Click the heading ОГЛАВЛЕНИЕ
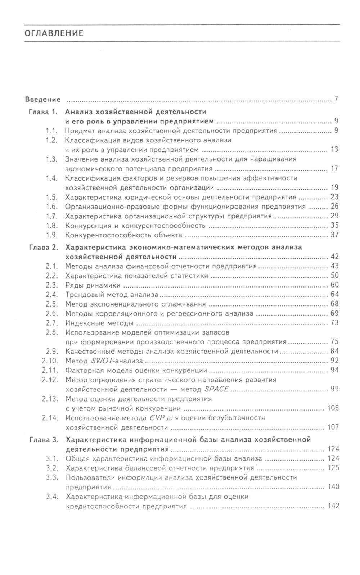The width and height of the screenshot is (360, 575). (x=54, y=34)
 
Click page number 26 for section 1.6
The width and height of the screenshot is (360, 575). (x=334, y=207)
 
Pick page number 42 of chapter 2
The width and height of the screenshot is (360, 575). (x=334, y=257)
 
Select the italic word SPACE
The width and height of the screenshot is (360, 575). (x=216, y=389)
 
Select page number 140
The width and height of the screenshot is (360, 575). (x=333, y=487)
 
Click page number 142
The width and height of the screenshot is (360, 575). (x=333, y=506)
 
